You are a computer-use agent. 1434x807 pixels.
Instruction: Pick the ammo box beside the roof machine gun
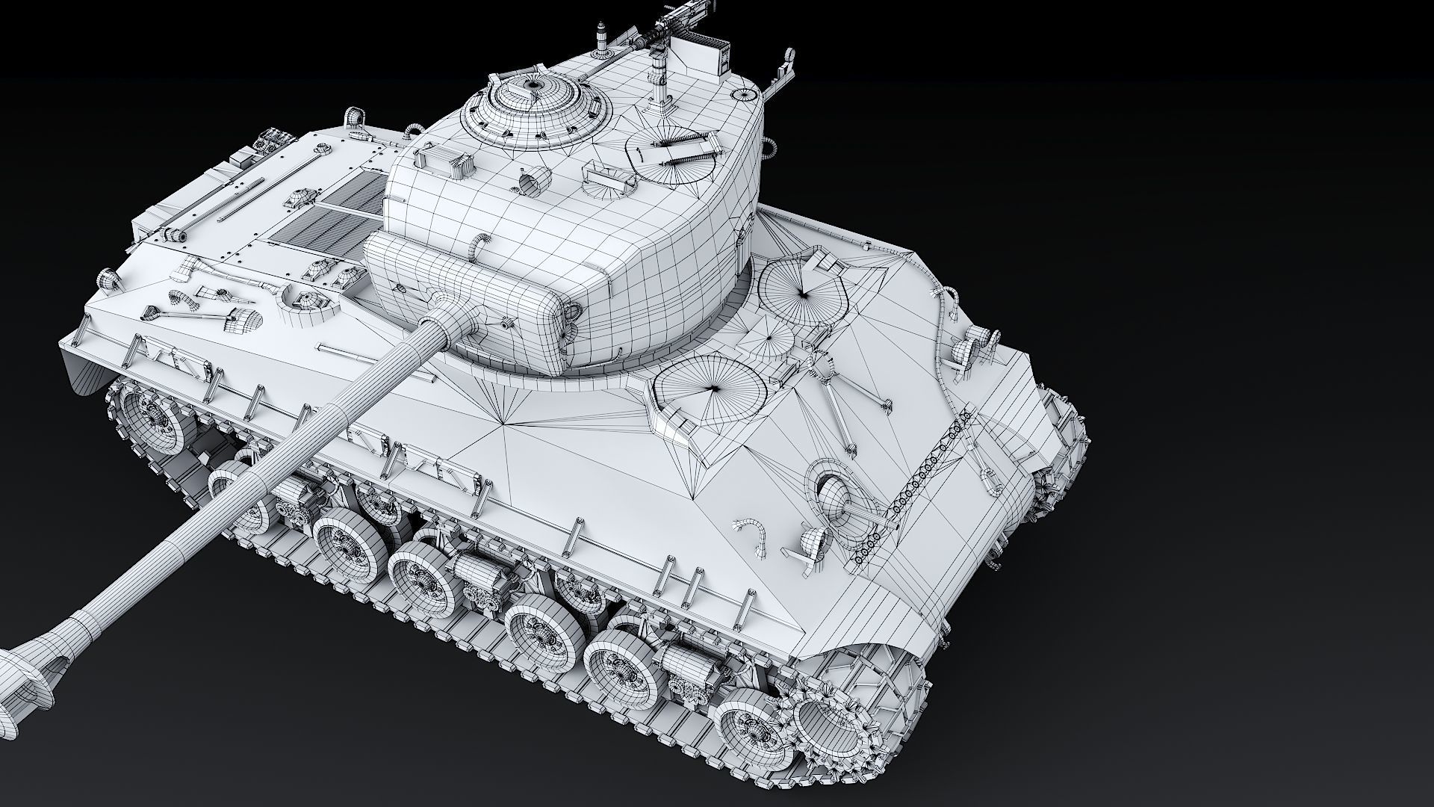[712, 56]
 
